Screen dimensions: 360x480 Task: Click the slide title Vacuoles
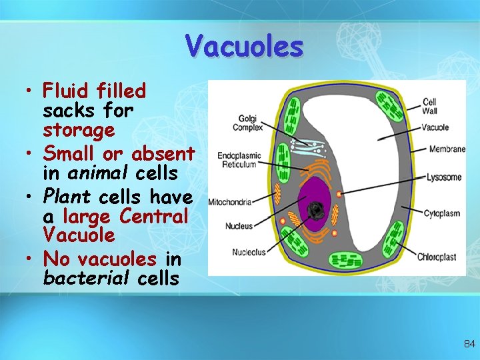pos(245,46)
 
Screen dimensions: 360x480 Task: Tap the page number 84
pos(469,344)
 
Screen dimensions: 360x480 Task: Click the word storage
pos(79,129)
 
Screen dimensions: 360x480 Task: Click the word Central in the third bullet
pos(154,216)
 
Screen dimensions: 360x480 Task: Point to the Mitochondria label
pos(230,201)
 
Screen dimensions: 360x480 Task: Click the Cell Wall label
pos(430,106)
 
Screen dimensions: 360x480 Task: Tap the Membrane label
pos(447,149)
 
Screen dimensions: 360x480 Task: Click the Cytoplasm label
pos(442,213)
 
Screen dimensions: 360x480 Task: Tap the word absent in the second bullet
pos(163,154)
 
